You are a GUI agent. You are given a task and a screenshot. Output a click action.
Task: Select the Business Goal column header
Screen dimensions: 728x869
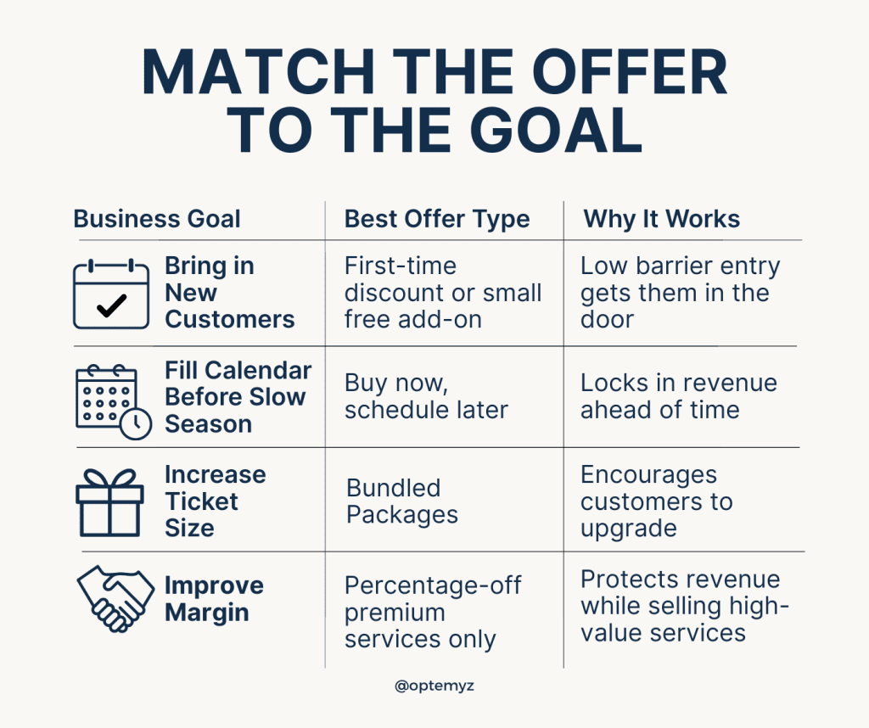point(157,219)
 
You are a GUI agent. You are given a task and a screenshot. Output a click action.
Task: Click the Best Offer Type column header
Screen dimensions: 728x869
point(437,219)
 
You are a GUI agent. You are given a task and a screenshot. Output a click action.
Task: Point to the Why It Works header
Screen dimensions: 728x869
point(661,219)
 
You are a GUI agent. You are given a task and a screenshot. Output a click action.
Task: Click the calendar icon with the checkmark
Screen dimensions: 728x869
point(111,294)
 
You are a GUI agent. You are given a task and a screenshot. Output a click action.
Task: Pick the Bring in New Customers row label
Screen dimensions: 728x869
point(229,293)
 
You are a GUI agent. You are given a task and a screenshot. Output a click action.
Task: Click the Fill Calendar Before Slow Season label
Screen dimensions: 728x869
point(238,397)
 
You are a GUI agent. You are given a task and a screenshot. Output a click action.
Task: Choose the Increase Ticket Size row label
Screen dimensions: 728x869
point(215,501)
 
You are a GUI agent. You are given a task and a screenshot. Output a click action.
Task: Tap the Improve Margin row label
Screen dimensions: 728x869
point(214,599)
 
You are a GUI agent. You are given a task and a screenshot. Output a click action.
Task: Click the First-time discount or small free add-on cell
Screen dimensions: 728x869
point(442,293)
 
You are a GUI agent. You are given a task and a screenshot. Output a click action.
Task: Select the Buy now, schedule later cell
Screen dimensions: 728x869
point(426,396)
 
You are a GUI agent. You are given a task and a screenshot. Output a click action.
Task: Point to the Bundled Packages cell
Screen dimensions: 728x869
point(401,501)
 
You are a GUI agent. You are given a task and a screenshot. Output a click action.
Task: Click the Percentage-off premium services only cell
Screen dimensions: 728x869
point(432,612)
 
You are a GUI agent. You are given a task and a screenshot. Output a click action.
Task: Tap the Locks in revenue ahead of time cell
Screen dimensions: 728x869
point(678,396)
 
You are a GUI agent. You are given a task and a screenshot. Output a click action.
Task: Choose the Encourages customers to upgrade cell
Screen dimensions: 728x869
point(656,501)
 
